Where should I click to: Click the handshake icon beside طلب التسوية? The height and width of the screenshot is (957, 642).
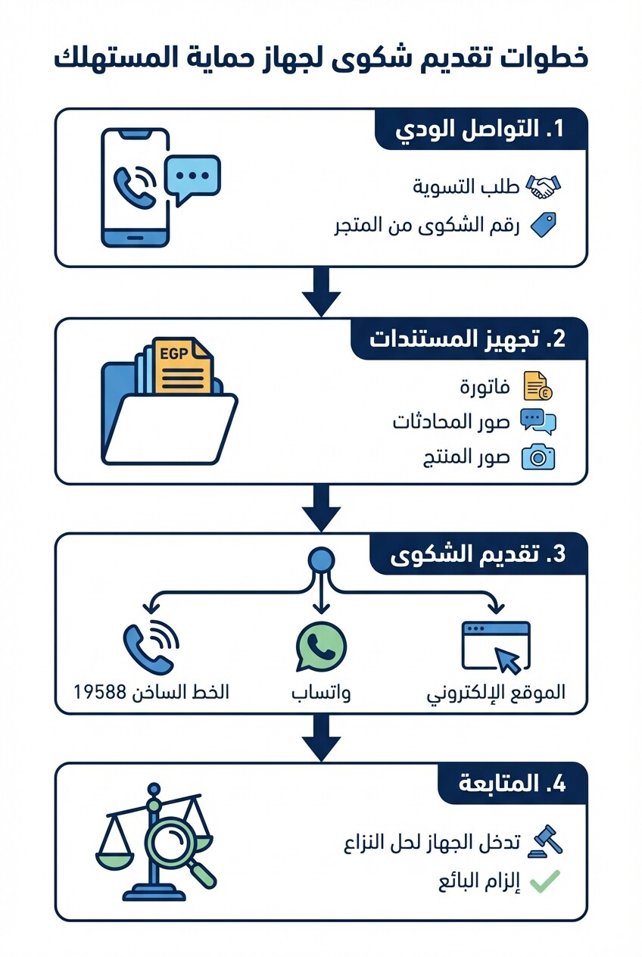tap(544, 187)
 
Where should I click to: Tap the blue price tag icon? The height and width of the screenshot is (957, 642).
tap(543, 225)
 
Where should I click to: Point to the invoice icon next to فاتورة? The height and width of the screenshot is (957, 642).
tap(538, 386)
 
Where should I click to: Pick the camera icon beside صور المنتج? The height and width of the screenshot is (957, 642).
tap(538, 457)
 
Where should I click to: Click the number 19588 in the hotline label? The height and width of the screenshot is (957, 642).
tap(101, 692)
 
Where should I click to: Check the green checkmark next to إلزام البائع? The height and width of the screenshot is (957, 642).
tap(544, 881)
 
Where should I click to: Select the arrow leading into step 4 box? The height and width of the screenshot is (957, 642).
tap(321, 738)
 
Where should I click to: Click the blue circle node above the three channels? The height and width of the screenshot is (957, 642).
tap(322, 561)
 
